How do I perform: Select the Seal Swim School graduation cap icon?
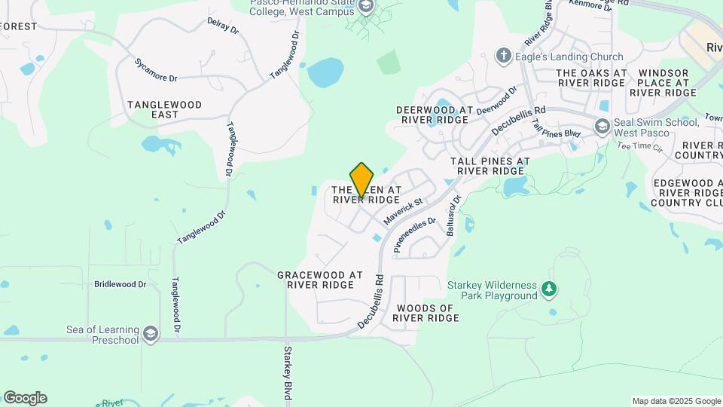(602, 127)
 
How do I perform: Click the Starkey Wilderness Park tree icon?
(551, 288)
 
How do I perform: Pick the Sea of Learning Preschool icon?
(151, 334)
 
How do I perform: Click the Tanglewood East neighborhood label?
(164, 109)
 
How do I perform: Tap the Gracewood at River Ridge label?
(320, 280)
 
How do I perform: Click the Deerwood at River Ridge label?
(435, 115)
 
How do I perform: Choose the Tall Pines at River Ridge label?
(490, 166)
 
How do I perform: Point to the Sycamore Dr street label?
(156, 70)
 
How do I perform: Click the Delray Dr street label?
(222, 26)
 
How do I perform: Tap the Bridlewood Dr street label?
(120, 284)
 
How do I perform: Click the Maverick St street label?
(404, 212)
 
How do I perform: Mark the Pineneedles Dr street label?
(415, 234)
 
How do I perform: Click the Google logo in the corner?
(25, 398)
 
